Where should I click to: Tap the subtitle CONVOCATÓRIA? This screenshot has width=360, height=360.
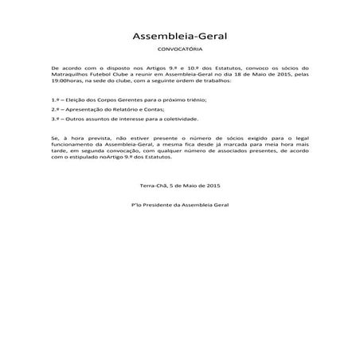point(179,50)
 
